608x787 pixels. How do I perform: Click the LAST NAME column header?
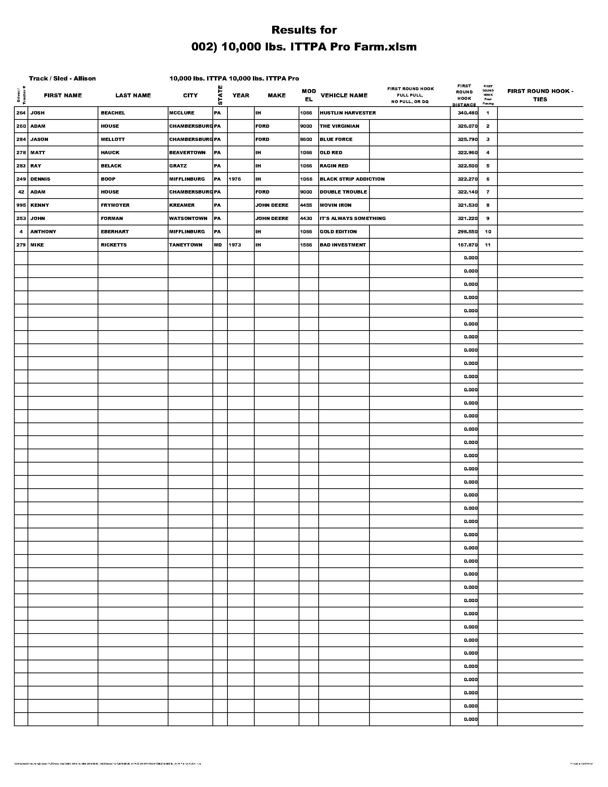133,96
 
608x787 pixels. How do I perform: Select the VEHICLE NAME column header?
344,96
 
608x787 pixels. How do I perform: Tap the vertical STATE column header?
220,95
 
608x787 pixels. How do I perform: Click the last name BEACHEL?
113,113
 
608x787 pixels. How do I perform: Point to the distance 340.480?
467,113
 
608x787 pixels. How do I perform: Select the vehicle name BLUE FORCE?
336,140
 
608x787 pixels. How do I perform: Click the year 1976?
235,179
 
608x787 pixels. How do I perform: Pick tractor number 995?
21,205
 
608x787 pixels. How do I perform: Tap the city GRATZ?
178,166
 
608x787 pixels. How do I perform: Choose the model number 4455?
306,205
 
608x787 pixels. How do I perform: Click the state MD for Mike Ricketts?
218,245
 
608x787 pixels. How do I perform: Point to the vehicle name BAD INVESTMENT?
343,245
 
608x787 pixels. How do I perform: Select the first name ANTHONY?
43,232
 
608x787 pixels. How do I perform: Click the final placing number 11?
488,245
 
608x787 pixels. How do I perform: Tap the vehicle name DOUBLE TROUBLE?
343,192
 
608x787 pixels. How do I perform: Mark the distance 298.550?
467,232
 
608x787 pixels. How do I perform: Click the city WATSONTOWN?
188,218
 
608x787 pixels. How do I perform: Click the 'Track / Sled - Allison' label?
62,79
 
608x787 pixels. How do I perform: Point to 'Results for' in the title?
304,30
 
